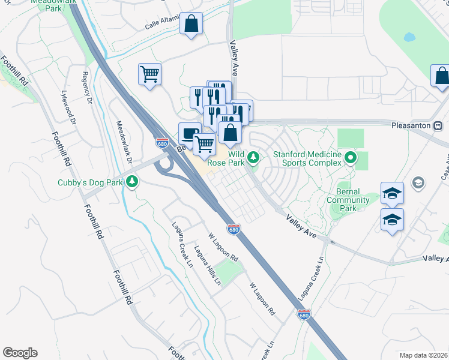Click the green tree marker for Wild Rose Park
tap(254, 158)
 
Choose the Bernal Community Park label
tap(348, 200)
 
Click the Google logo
tap(20, 353)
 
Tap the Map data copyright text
tap(423, 355)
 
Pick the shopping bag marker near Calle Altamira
tap(191, 25)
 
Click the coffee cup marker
tap(190, 134)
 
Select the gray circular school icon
tap(418, 182)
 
